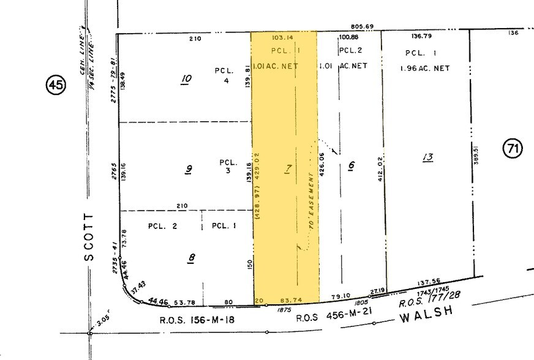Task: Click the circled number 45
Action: coord(56,86)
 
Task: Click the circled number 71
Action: coord(512,148)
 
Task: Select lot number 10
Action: coord(187,78)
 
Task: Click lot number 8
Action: coord(192,258)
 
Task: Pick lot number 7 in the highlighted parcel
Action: coord(287,169)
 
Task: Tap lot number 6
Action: coord(351,167)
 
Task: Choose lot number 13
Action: coord(427,158)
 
